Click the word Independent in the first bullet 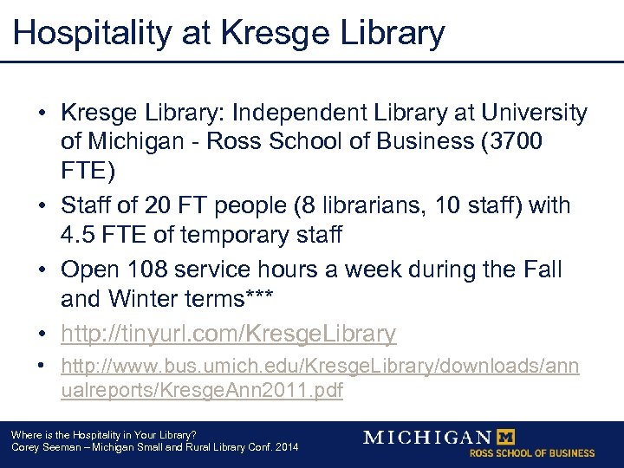coord(284,114)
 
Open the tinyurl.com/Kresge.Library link coord(229,334)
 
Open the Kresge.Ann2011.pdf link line coord(202,391)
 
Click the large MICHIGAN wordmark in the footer coord(427,437)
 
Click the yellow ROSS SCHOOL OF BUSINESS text coord(532,453)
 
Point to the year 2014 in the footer coord(286,447)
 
